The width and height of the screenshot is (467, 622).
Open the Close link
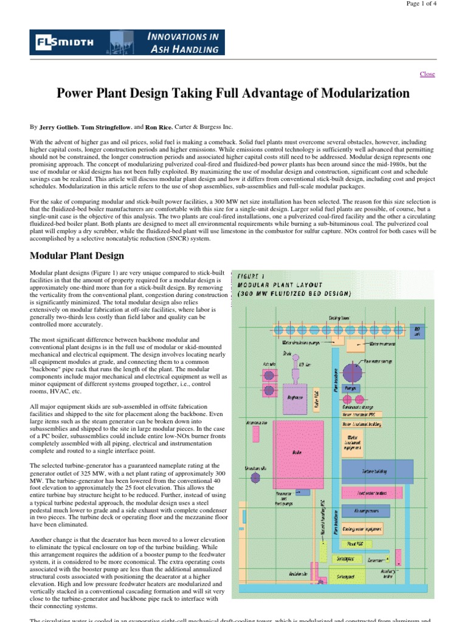tap(427, 74)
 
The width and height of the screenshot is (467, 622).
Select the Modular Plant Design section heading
tap(77, 256)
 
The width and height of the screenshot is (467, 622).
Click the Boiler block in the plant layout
tap(297, 453)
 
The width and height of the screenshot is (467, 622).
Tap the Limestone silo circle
tap(256, 478)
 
